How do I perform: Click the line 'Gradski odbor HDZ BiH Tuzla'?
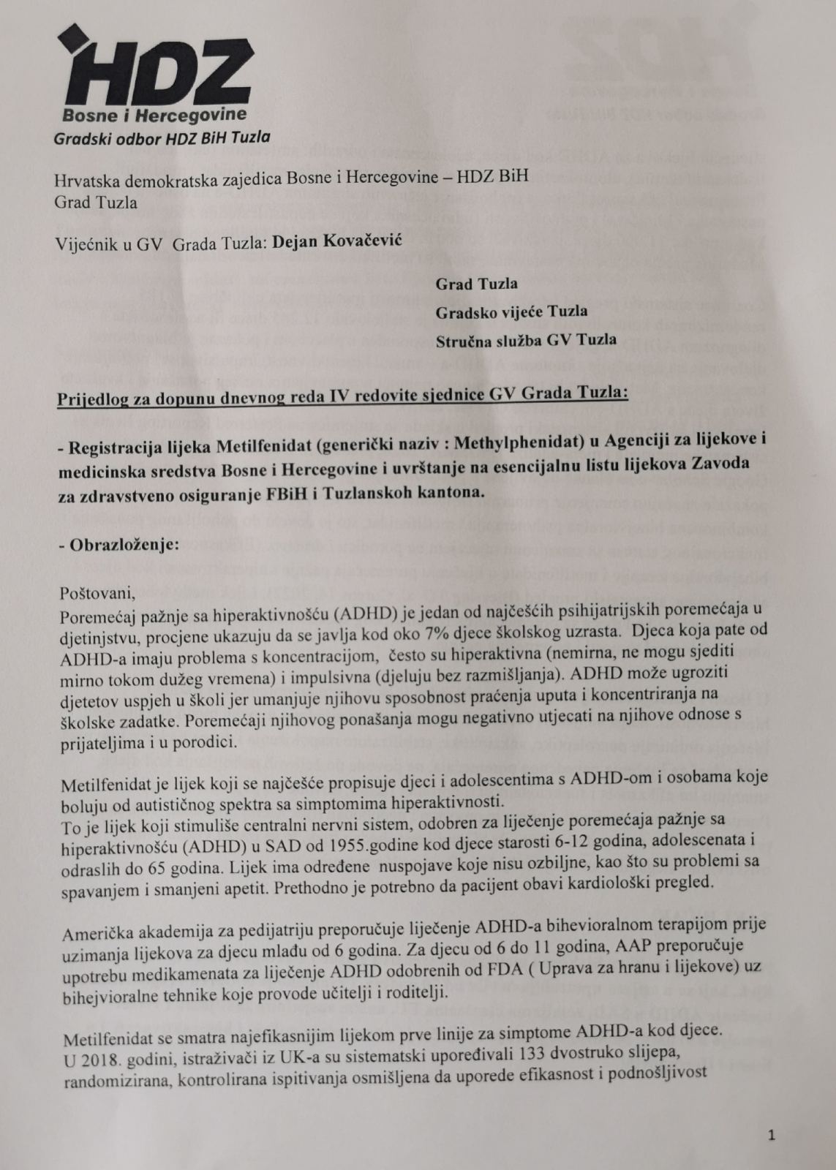pos(162,137)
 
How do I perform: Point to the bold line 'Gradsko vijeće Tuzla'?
pos(511,312)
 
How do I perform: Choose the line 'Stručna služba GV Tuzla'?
pos(525,339)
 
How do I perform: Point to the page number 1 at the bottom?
pos(772,1136)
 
